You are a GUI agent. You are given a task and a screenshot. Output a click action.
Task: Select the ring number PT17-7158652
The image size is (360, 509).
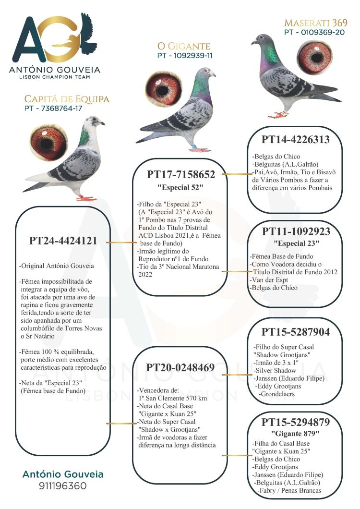[180, 174]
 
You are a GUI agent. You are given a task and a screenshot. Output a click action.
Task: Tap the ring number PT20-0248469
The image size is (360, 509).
[180, 367]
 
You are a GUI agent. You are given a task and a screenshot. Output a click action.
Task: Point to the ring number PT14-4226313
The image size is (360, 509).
[296, 139]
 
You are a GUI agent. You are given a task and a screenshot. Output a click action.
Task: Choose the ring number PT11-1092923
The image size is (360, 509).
[296, 231]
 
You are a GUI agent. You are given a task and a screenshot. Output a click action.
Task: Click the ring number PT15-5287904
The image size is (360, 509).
[296, 332]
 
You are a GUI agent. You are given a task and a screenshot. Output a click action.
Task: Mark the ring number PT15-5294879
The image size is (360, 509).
[296, 423]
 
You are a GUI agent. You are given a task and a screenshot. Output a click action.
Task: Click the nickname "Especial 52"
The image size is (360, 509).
[180, 186]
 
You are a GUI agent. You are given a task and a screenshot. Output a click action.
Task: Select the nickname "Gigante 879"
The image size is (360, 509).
[296, 433]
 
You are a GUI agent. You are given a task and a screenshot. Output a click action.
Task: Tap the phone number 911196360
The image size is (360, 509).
[63, 486]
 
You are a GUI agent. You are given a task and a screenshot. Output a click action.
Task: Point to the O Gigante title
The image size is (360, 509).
[184, 46]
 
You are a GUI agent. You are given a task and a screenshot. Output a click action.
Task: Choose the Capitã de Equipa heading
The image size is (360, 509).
[67, 99]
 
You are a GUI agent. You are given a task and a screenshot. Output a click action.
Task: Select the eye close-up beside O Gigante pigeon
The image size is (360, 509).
[163, 89]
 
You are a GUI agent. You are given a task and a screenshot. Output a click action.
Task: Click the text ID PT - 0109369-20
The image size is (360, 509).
[314, 32]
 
